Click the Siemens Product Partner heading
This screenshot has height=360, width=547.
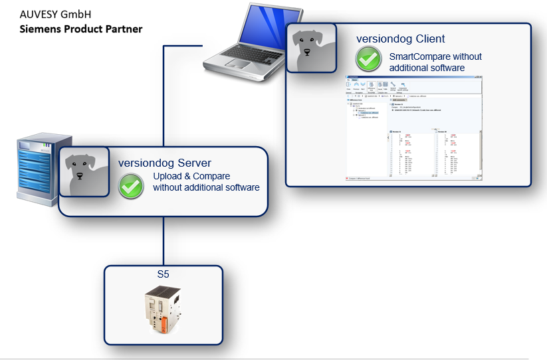(x=80, y=29)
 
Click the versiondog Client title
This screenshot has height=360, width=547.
(x=401, y=39)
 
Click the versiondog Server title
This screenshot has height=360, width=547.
(x=165, y=163)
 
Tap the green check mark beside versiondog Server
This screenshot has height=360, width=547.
(x=131, y=187)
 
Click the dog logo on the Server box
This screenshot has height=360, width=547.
(x=84, y=172)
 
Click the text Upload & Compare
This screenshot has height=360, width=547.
(x=191, y=177)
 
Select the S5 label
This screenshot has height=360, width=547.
(x=163, y=274)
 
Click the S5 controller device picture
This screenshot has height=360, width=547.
(x=164, y=310)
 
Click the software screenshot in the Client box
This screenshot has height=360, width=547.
(x=413, y=129)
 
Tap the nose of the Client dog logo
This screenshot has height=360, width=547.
(x=308, y=54)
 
